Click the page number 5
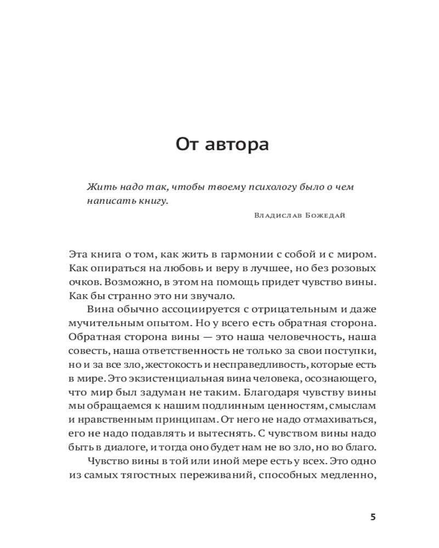pyautogui.click(x=373, y=517)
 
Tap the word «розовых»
pyautogui.click(x=355, y=269)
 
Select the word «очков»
pyautogui.click(x=83, y=283)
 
